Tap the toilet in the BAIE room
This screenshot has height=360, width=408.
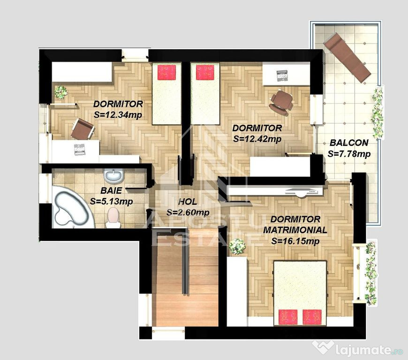click(x=113, y=218)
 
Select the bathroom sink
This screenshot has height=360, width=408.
click(x=113, y=176)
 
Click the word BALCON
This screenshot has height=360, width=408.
click(x=348, y=142)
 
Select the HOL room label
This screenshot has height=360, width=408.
click(x=188, y=202)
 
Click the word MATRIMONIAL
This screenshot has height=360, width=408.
click(x=295, y=230)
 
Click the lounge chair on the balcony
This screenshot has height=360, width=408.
click(x=348, y=57)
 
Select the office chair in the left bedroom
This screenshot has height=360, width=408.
click(x=83, y=128)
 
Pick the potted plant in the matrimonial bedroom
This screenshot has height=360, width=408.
click(x=237, y=246)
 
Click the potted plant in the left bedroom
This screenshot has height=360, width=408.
click(x=60, y=92)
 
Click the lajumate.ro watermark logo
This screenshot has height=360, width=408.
click(x=359, y=348)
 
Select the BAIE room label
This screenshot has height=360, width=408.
click(x=111, y=191)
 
